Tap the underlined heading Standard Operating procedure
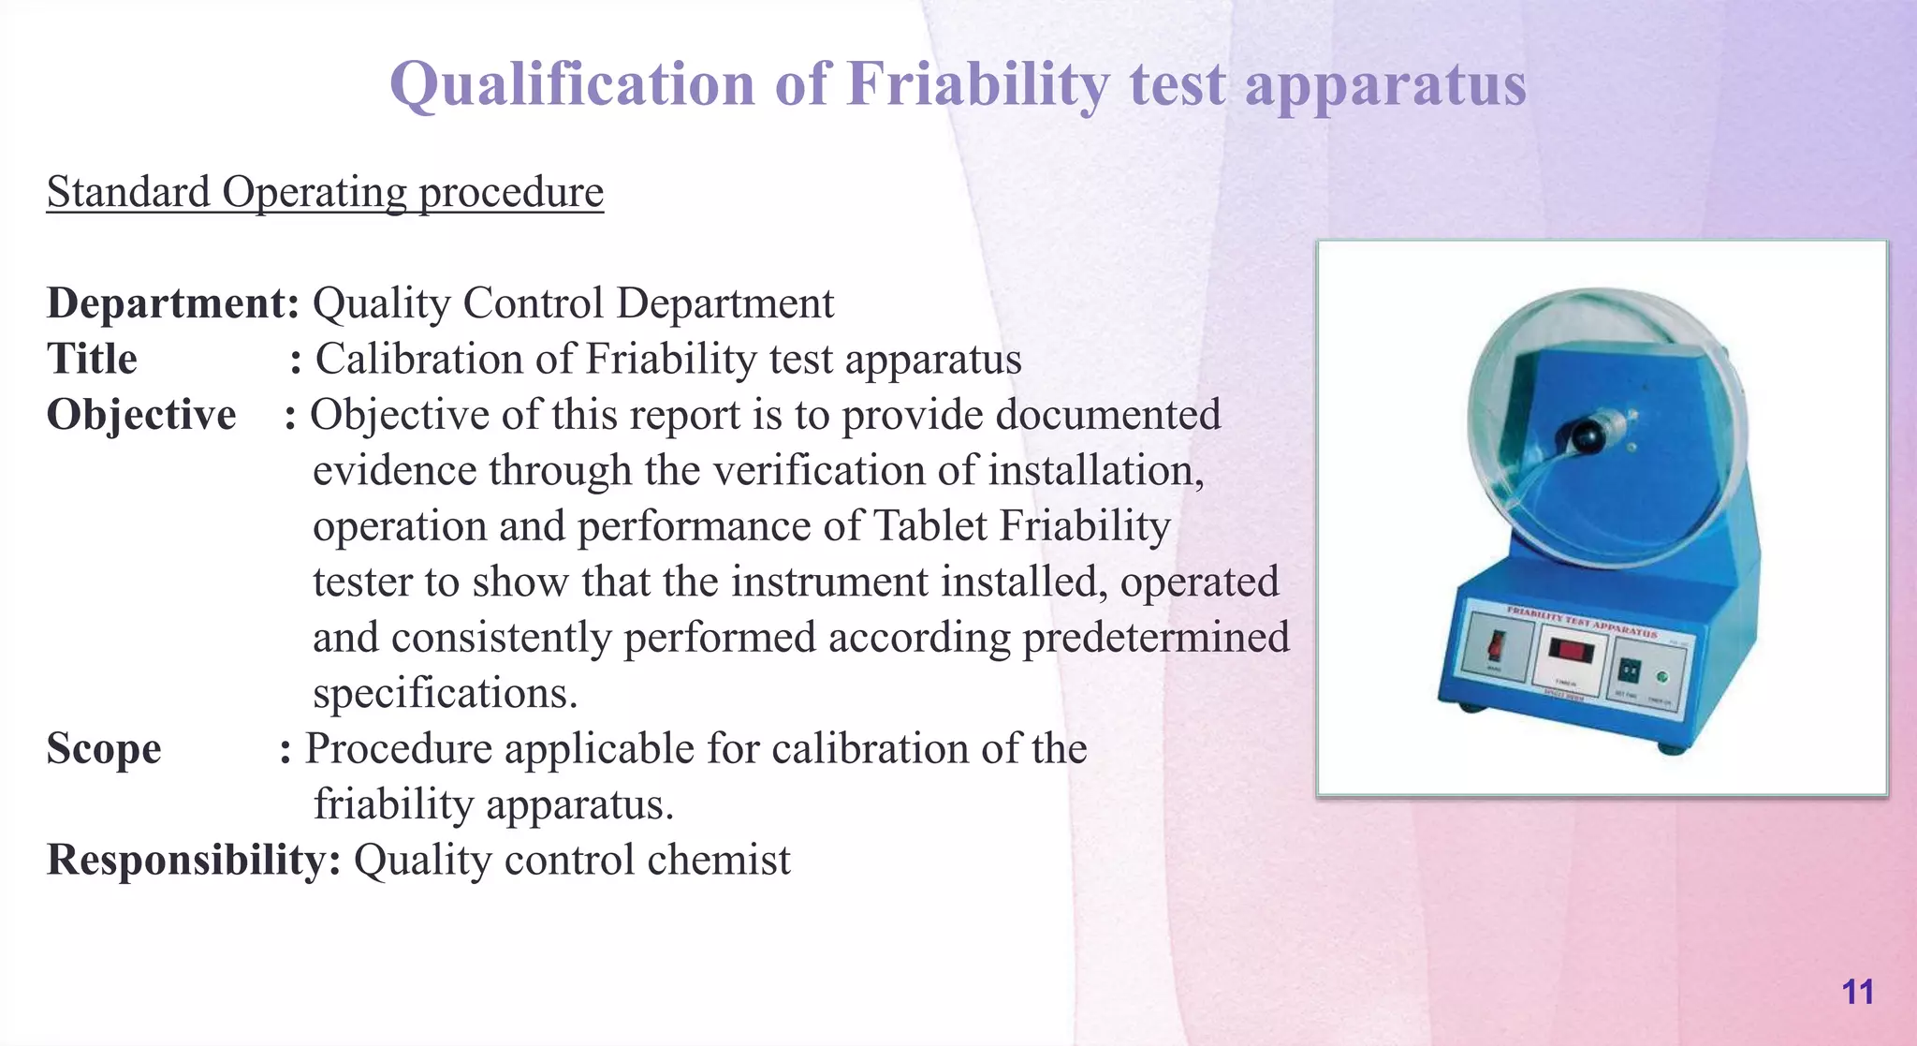(x=325, y=192)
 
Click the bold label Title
(x=92, y=360)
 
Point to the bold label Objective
(x=141, y=415)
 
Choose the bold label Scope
(x=104, y=749)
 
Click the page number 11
(x=1857, y=992)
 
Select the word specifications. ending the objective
(x=445, y=694)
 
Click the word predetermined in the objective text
(x=1155, y=638)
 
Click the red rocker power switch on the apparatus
(x=1497, y=644)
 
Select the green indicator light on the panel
(x=1662, y=677)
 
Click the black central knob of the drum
(x=1583, y=436)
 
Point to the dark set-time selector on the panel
(x=1629, y=670)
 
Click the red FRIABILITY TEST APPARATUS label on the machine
(x=1581, y=622)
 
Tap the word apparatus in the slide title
(x=1385, y=84)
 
